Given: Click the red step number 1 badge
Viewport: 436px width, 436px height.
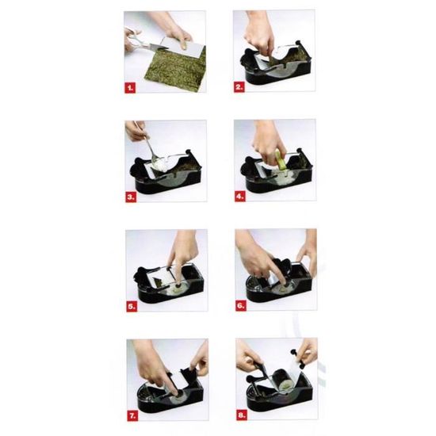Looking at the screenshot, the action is point(130,88).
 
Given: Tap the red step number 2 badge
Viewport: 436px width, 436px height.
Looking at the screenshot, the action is point(239,87).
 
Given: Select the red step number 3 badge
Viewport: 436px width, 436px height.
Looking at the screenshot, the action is point(131,197).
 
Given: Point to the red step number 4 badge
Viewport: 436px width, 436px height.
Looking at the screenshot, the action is point(240,197).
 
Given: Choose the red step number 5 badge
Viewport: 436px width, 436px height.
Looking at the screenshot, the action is point(132,307).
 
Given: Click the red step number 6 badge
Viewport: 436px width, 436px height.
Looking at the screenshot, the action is point(241,305).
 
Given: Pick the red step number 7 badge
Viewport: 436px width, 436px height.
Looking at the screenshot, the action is point(132,416).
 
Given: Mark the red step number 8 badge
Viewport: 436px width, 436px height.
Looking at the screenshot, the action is point(242,415).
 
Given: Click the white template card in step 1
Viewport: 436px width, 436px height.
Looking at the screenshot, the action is point(182,48).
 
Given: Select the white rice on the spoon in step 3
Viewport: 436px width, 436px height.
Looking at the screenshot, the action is point(160,166).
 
